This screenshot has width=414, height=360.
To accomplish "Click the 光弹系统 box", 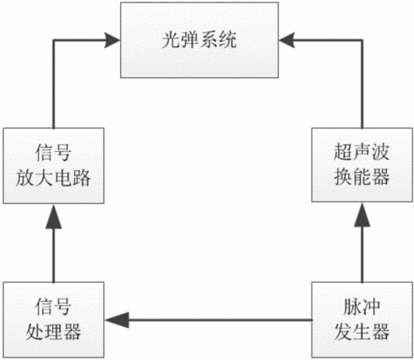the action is [x=199, y=40].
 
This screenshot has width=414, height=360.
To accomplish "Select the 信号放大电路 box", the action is [x=54, y=166].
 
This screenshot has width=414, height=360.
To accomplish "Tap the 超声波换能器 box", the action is [x=362, y=165].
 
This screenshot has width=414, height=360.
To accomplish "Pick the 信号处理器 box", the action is [x=54, y=319].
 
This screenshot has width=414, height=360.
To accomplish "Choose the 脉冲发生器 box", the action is [x=362, y=319].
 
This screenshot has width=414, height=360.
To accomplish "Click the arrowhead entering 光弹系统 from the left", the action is [x=112, y=40].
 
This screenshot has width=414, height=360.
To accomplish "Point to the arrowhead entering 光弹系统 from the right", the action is [x=287, y=40].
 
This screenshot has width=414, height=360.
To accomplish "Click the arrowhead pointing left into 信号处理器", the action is [x=117, y=320].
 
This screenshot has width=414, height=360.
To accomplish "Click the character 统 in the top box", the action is [x=227, y=40].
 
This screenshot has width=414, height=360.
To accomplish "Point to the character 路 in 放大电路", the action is [x=82, y=178].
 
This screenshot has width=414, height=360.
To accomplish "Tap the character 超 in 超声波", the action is [x=344, y=152].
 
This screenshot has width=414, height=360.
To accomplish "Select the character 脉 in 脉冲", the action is [x=352, y=307].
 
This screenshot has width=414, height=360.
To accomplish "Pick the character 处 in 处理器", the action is [x=35, y=332].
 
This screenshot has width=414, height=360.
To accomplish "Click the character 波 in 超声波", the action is [x=380, y=152].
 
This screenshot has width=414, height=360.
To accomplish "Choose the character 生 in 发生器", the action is [x=362, y=332].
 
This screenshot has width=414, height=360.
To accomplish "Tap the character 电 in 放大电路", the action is [x=62, y=178].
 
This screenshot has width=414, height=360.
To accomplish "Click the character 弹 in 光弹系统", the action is [x=190, y=40].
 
